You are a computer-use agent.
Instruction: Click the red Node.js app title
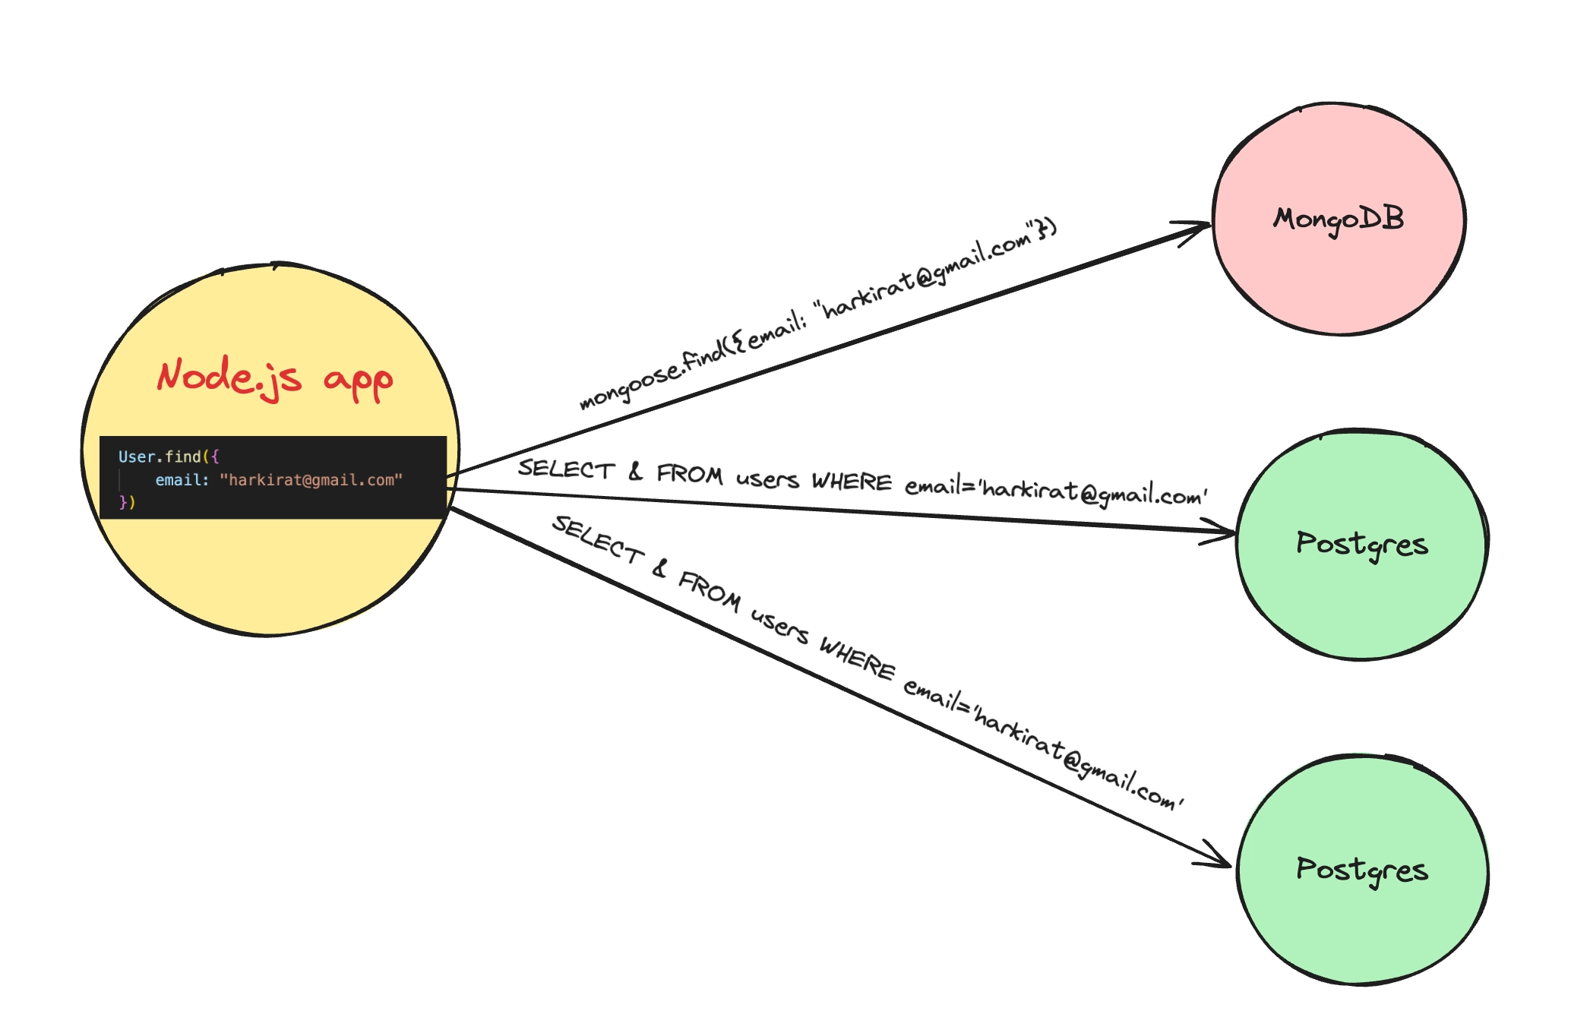point(275,378)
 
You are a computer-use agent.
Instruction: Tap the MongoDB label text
point(1339,220)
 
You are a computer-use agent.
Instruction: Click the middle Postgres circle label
point(1362,545)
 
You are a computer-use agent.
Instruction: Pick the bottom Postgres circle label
point(1362,870)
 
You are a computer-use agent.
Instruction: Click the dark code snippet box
point(273,478)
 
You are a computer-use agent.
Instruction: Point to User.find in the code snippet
point(160,457)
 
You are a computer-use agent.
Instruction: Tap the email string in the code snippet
point(311,480)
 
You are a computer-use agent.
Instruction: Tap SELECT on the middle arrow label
point(566,469)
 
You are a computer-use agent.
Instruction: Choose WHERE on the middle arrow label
point(852,482)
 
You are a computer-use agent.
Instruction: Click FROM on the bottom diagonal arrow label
point(710,590)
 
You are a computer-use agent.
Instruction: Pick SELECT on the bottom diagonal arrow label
point(599,539)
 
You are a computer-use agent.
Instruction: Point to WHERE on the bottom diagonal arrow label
point(858,658)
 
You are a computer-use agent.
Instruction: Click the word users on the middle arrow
point(767,479)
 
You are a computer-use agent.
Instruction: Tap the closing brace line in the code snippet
point(127,502)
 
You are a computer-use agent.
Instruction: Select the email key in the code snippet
point(182,480)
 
